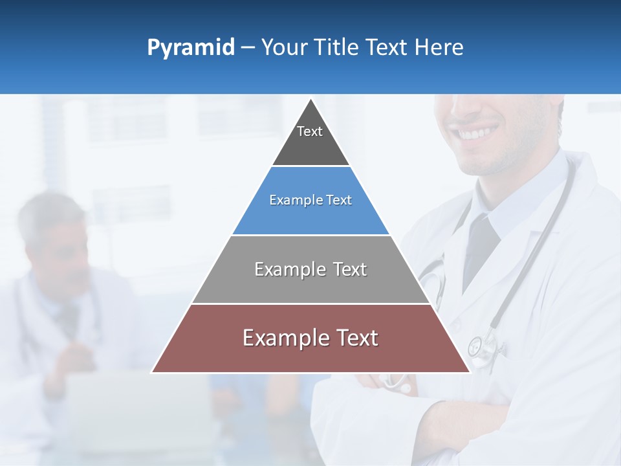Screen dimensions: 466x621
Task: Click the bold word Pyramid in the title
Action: coord(190,48)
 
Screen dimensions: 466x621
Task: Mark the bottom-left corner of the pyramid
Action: coord(152,372)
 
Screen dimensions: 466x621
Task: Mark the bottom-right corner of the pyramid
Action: coord(470,372)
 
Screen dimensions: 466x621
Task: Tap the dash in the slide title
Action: coord(248,48)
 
